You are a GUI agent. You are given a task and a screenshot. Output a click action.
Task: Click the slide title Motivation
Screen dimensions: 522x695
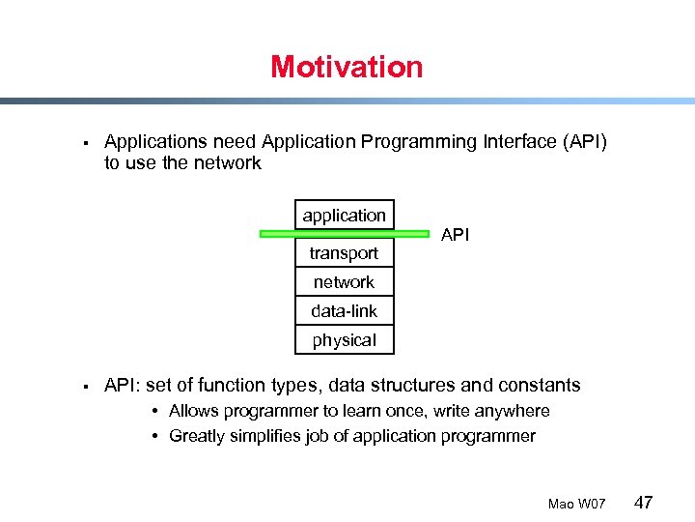point(347,67)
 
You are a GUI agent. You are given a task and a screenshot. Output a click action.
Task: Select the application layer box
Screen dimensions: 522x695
point(344,215)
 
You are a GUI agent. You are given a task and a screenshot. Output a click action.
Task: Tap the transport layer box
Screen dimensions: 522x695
point(344,253)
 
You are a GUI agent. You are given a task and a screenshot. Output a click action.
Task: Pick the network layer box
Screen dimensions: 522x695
point(344,282)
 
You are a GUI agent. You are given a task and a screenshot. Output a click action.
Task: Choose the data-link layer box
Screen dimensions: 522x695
point(344,311)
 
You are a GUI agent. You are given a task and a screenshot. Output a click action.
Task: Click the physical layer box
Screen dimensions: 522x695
point(344,340)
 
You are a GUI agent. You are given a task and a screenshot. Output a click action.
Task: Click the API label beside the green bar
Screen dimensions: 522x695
point(455,234)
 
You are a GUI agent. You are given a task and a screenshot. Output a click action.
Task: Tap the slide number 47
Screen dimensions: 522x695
point(644,503)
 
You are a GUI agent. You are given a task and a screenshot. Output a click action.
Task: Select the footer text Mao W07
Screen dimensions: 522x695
point(576,505)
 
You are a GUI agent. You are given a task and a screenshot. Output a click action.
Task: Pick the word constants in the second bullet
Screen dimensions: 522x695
point(538,386)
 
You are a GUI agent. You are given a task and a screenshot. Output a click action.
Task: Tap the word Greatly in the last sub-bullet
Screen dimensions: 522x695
point(196,436)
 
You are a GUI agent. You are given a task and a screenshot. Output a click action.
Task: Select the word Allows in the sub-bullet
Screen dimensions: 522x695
point(193,411)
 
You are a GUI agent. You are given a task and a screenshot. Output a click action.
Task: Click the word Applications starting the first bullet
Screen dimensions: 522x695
point(153,142)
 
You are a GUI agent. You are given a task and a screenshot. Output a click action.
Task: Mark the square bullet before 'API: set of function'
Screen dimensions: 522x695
point(86,387)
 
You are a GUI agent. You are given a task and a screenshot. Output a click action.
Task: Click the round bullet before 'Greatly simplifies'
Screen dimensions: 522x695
point(155,436)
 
